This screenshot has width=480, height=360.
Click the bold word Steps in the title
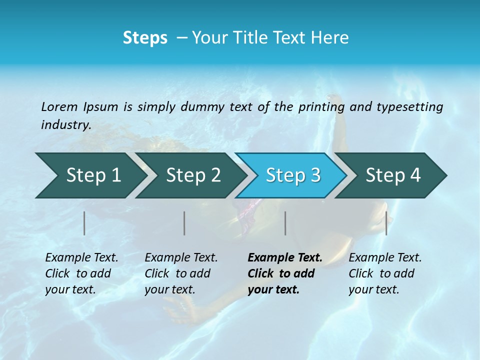(145, 38)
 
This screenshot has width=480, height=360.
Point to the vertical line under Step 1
(84, 223)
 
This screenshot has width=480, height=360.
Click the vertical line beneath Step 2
(184, 223)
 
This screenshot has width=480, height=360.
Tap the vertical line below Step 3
(285, 223)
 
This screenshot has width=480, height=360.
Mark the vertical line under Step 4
(386, 223)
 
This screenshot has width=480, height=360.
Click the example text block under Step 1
(81, 273)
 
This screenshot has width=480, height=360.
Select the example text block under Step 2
(181, 273)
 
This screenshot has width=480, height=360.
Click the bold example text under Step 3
(284, 273)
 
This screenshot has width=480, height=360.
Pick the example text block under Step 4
(385, 273)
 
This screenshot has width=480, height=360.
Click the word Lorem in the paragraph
(59, 106)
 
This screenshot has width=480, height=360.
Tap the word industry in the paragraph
(65, 124)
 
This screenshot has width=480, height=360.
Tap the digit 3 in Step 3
(315, 175)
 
